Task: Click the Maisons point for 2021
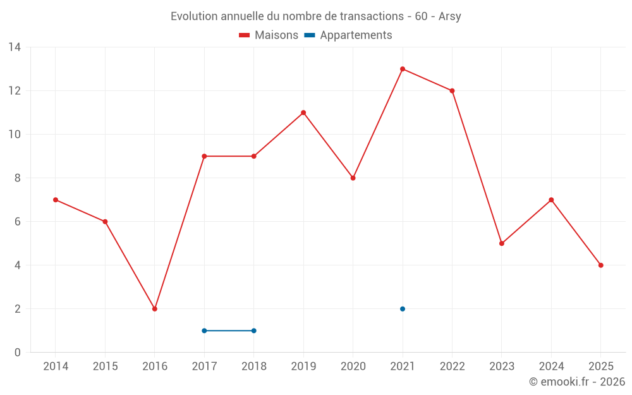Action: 403,69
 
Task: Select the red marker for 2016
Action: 155,309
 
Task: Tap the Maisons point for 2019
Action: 303,112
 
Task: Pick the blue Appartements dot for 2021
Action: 403,309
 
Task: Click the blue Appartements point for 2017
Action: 204,331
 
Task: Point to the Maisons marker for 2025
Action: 601,265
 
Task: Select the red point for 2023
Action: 502,243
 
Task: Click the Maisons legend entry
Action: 269,35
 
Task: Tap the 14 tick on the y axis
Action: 15,47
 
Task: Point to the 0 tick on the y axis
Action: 18,353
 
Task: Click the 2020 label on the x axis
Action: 353,367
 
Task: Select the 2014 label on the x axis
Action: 56,367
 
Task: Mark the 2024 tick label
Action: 551,367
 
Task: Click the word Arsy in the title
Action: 450,16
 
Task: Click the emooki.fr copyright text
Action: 577,382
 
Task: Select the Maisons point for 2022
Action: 453,91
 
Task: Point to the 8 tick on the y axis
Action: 18,178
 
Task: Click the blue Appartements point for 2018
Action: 254,331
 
